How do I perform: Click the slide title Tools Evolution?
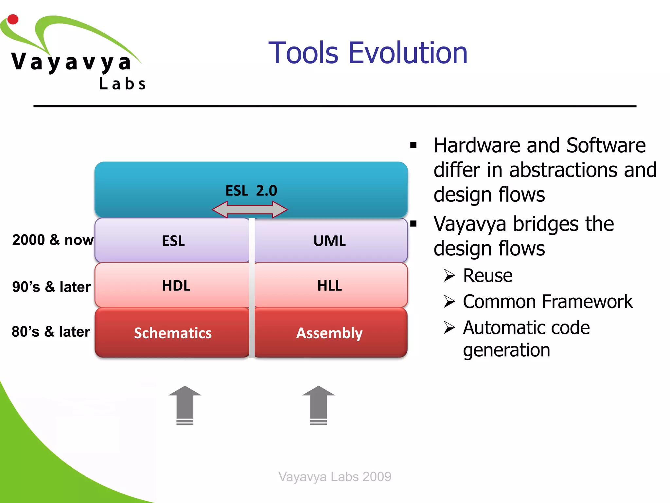point(368,53)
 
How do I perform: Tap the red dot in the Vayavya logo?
point(13,19)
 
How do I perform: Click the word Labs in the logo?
point(122,84)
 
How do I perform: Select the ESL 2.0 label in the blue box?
point(251,191)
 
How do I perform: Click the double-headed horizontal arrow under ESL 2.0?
point(250,210)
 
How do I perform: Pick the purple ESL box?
point(173,241)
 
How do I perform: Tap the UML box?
point(330,241)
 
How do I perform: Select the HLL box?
point(330,286)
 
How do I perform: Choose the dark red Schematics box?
point(173,333)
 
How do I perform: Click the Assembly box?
point(330,333)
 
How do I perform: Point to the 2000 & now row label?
point(53,240)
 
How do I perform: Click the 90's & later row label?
point(51,287)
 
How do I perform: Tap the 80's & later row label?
point(51,332)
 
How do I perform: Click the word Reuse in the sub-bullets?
point(487,275)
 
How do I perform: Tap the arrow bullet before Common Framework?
point(449,301)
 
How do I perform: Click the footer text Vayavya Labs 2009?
point(335,476)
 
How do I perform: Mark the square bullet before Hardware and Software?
point(414,145)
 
